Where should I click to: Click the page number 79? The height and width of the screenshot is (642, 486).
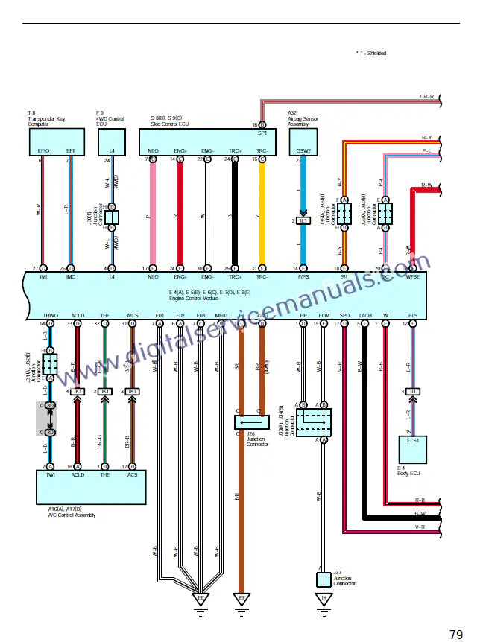pyautogui.click(x=456, y=635)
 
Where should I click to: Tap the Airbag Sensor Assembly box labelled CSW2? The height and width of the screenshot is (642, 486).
pyautogui.click(x=303, y=142)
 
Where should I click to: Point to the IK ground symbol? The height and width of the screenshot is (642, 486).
pyautogui.click(x=324, y=598)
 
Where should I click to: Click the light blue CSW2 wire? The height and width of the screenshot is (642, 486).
pyautogui.click(x=303, y=186)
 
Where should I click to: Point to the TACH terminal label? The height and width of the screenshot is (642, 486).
pyautogui.click(x=365, y=316)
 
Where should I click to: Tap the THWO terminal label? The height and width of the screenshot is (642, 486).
pyautogui.click(x=51, y=316)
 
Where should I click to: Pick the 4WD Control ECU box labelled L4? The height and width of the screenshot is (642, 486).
pyautogui.click(x=112, y=142)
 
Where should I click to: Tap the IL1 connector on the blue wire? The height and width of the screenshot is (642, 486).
pyautogui.click(x=303, y=220)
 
